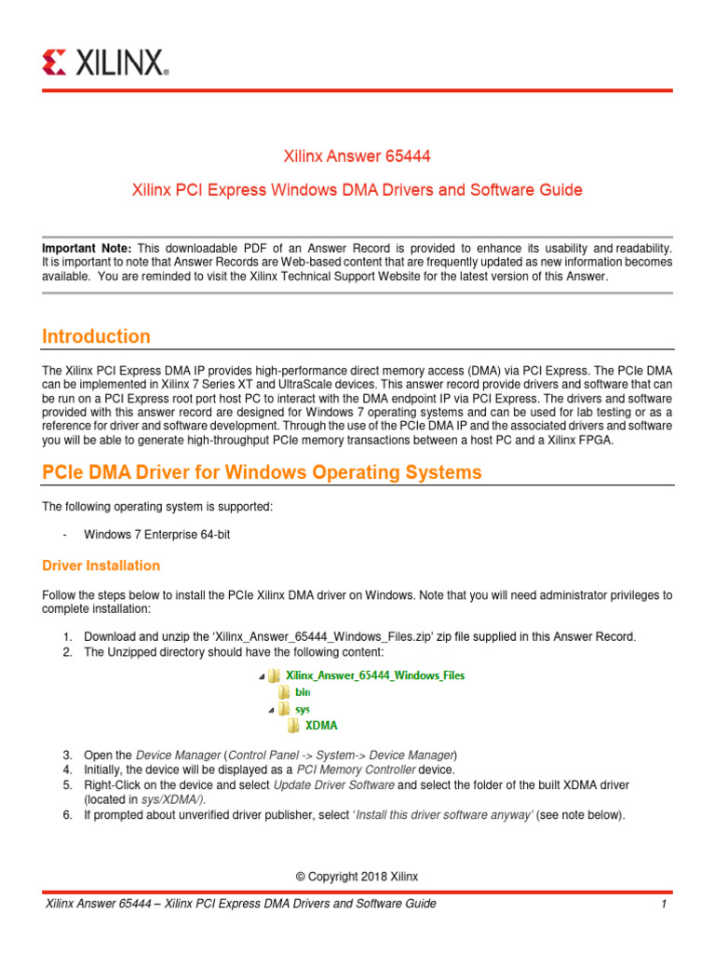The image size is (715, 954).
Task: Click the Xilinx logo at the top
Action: tap(105, 62)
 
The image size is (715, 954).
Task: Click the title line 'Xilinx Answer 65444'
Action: tap(357, 156)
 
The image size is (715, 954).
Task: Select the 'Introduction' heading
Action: tap(97, 336)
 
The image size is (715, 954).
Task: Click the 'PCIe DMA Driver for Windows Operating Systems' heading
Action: tap(263, 472)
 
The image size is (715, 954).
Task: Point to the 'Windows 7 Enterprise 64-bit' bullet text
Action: tap(163, 534)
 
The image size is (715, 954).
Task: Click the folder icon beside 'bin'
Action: tap(283, 692)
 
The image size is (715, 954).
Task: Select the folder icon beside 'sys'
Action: tap(283, 709)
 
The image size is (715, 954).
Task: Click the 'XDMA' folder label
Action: tap(322, 726)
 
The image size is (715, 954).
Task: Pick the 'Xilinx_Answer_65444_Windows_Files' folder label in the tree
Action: tap(374, 675)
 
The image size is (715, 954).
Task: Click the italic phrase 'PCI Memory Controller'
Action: tap(342, 770)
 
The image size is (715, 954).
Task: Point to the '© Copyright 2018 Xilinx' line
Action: tap(357, 877)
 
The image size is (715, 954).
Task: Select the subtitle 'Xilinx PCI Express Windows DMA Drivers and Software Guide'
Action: tap(357, 190)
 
